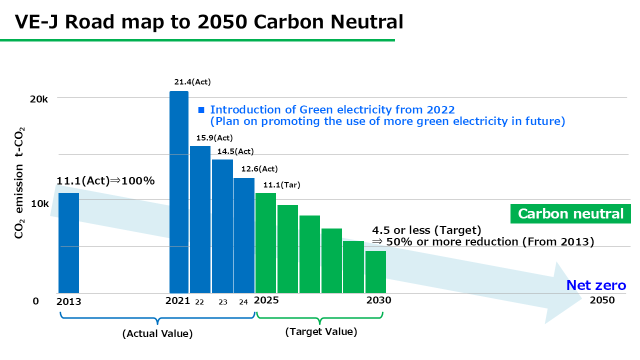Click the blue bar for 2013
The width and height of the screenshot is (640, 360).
(x=68, y=243)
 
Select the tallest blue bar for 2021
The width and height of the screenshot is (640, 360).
(x=179, y=192)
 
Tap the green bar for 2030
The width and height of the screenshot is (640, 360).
(x=375, y=272)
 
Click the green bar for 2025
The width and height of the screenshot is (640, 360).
(x=265, y=243)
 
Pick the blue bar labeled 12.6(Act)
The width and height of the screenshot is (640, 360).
(x=244, y=235)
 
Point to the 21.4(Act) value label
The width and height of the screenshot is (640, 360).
(x=189, y=82)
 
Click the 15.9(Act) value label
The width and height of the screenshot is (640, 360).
(x=214, y=138)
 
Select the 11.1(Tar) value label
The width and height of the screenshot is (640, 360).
(x=281, y=185)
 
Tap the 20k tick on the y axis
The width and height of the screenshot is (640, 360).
(x=38, y=99)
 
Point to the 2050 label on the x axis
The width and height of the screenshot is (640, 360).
(x=602, y=300)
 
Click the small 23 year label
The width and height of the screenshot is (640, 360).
(x=223, y=302)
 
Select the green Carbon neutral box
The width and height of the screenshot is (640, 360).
(x=570, y=214)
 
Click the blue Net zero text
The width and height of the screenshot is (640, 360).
(x=595, y=285)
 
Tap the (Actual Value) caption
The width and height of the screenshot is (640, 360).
(x=157, y=333)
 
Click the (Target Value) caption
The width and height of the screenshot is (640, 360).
(x=321, y=331)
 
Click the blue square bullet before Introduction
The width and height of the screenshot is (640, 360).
(x=201, y=110)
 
